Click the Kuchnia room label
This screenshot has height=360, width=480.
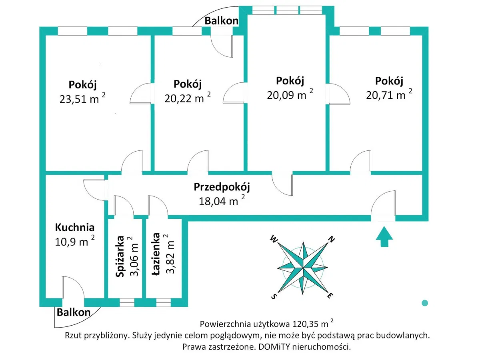tap(75, 228)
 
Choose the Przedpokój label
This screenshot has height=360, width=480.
tap(222, 187)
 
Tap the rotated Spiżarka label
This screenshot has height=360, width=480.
tap(119, 256)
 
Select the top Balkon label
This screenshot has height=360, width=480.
tap(221, 21)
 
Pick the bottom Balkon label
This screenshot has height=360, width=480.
tap(73, 312)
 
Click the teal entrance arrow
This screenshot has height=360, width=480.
tap(384, 236)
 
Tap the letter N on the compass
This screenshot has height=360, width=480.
tap(331, 240)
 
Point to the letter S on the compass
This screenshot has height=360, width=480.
tap(274, 296)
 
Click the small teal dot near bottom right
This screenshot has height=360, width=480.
tap(425, 303)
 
